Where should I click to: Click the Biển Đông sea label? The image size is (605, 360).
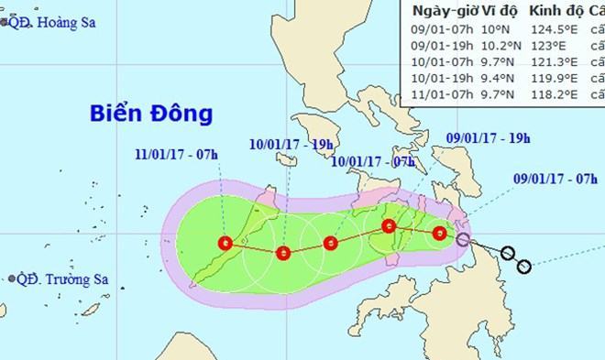click(151, 115)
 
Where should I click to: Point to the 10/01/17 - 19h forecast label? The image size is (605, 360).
click(288, 143)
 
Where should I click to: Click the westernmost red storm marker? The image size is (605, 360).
click(225, 243)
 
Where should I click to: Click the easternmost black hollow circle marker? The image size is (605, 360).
click(524, 267)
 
